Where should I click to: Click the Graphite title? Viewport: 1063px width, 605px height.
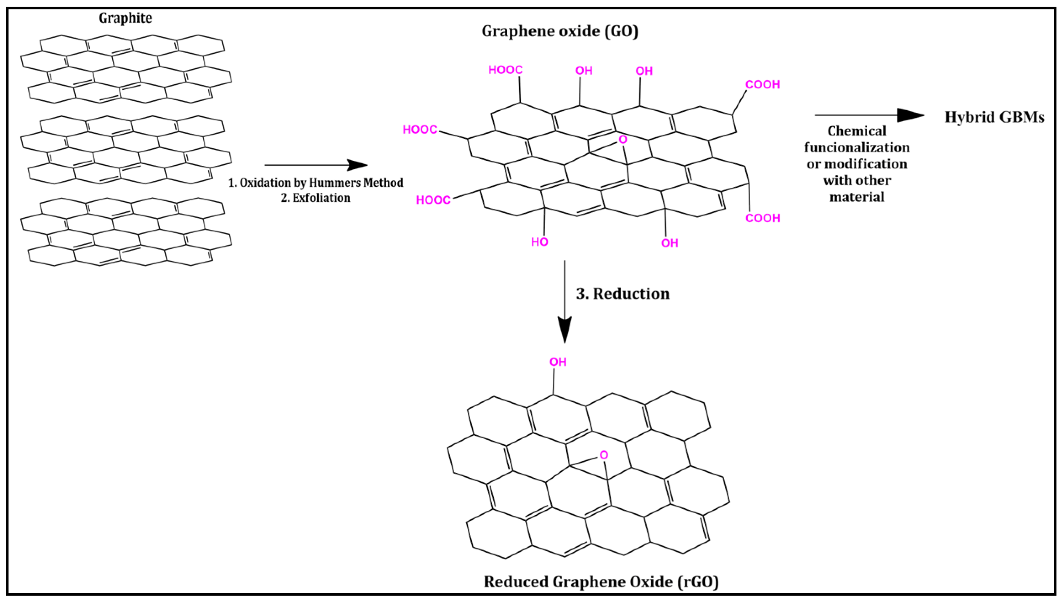pos(125,18)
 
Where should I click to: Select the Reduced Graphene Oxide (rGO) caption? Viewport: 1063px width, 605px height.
pos(601,581)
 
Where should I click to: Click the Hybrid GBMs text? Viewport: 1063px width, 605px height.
pos(994,117)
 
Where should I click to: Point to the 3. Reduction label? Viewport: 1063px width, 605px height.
pos(622,294)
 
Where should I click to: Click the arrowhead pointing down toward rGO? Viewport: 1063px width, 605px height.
pos(564,330)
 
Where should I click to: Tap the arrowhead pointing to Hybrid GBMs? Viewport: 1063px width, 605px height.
pos(910,116)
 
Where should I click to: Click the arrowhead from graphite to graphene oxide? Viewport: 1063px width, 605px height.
pos(357,165)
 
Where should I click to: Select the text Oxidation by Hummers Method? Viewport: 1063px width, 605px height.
pos(321,183)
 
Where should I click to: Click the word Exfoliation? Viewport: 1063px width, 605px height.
pos(321,198)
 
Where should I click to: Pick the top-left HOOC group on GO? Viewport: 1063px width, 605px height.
pos(505,70)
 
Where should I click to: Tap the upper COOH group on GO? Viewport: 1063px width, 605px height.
pos(762,85)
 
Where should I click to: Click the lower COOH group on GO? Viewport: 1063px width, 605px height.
pos(762,218)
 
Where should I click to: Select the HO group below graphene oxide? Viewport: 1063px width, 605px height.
pos(539,242)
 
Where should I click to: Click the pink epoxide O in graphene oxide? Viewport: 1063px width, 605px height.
pos(622,140)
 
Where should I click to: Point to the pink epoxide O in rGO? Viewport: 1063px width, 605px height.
pos(604,455)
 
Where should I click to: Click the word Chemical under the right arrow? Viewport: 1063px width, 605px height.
pos(857,131)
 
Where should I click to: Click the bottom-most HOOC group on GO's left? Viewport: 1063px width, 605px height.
pos(433,200)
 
